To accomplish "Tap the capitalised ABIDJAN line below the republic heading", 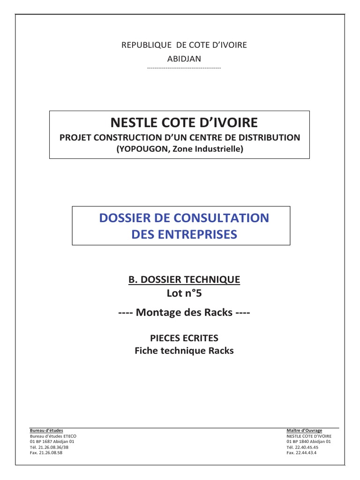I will (184, 59).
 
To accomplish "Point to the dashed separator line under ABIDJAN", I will (184, 68).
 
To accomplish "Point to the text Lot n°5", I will (184, 294).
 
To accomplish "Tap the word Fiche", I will (146, 350).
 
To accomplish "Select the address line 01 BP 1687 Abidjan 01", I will (51, 441).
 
